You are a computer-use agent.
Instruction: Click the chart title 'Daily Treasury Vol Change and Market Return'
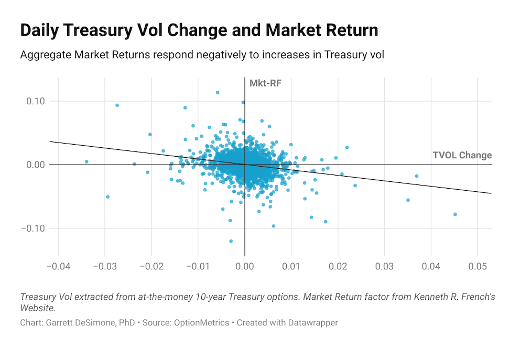coord(199,30)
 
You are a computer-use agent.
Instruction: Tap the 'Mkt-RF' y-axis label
coord(262,83)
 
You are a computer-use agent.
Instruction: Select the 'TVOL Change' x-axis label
coord(462,155)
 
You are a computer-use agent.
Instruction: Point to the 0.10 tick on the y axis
coord(36,101)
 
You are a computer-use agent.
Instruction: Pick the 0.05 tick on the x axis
coord(477,267)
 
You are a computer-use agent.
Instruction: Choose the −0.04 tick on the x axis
coord(58,267)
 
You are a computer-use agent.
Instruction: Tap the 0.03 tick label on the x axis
coord(384,267)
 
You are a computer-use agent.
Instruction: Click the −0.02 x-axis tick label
coord(151,267)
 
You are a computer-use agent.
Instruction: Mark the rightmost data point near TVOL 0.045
coord(455,214)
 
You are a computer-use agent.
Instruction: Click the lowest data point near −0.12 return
coord(231,241)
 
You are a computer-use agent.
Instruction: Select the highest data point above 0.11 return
coord(218,92)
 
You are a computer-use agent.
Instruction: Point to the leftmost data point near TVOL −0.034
coord(86,162)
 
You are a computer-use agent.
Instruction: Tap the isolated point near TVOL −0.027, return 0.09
coord(117,105)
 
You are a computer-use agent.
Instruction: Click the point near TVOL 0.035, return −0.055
coord(408,200)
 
